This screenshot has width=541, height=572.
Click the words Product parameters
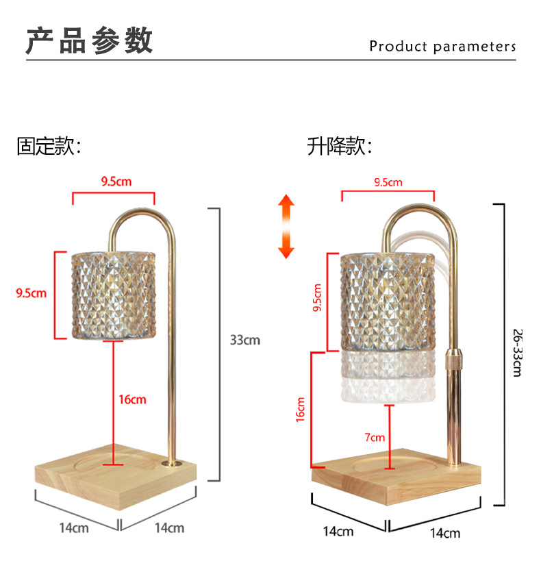(442, 47)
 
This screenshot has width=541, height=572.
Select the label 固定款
(49, 147)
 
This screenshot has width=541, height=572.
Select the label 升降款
(340, 147)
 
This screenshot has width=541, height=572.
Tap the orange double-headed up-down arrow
(286, 227)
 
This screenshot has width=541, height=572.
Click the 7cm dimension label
(375, 437)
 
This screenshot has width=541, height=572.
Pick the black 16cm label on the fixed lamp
(132, 399)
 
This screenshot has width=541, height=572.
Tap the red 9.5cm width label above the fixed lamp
(116, 182)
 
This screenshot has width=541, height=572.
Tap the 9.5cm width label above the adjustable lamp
(388, 182)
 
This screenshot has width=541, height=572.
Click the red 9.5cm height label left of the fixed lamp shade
(31, 294)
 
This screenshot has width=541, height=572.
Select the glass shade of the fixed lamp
(114, 295)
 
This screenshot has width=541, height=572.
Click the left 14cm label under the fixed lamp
(73, 528)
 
